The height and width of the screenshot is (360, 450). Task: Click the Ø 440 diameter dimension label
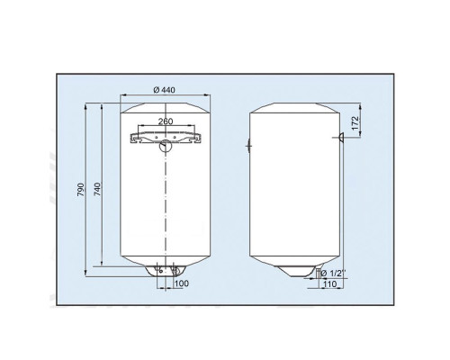click(164, 90)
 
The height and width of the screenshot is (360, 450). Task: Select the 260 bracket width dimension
click(166, 121)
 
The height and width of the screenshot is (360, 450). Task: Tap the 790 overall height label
click(81, 190)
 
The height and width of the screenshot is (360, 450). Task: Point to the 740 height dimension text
click(98, 189)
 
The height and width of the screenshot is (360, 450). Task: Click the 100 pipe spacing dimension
click(182, 283)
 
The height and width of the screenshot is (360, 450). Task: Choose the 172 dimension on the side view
click(355, 123)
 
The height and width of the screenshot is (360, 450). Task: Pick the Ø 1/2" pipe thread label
click(333, 274)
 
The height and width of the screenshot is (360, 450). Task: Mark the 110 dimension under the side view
click(330, 283)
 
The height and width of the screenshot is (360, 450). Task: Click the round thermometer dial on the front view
click(165, 146)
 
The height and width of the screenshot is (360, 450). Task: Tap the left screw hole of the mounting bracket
click(157, 137)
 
